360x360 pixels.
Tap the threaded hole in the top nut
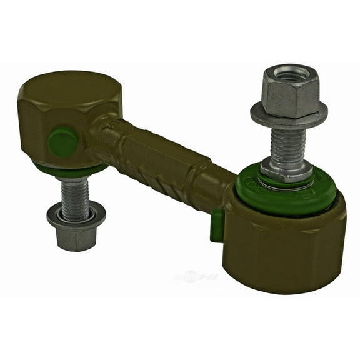291,73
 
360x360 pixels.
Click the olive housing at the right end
284,244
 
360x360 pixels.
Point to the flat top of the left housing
69,87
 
